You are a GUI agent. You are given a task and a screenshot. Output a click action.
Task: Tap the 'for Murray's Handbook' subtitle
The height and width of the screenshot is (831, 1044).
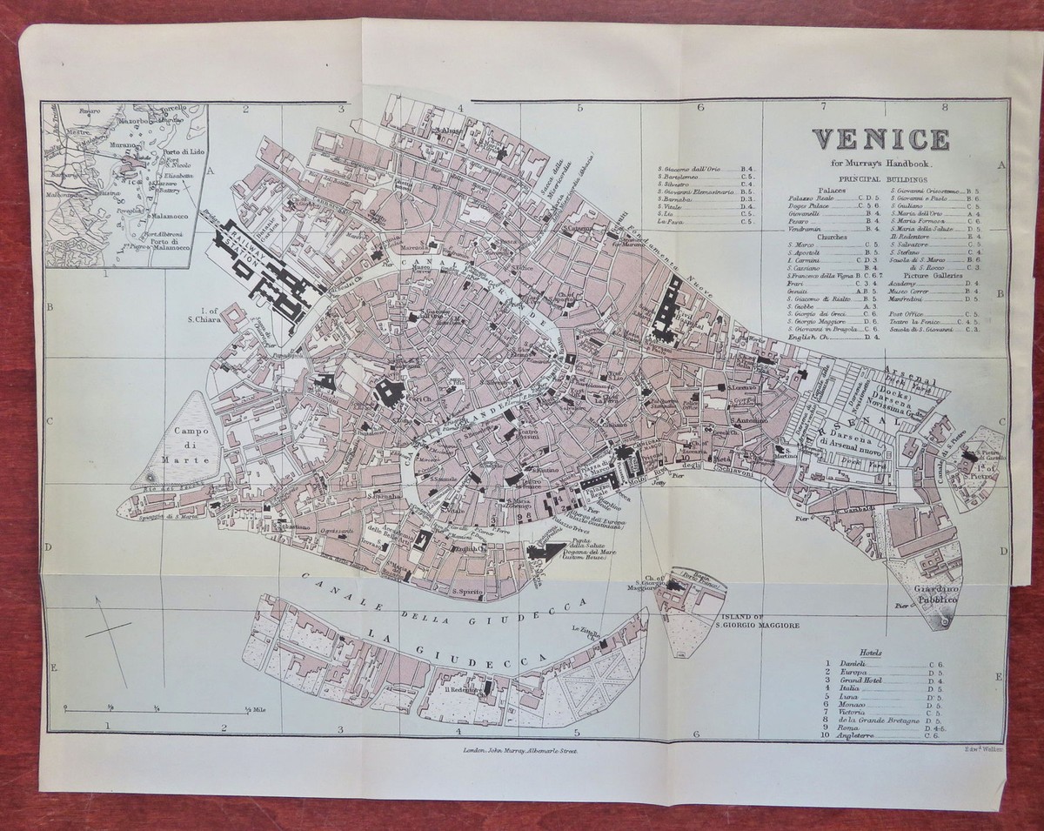tap(880, 163)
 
